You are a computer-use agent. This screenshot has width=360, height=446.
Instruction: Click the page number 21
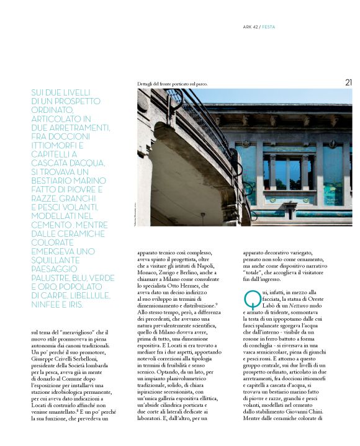348,82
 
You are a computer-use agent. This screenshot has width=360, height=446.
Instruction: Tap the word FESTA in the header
269,27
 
